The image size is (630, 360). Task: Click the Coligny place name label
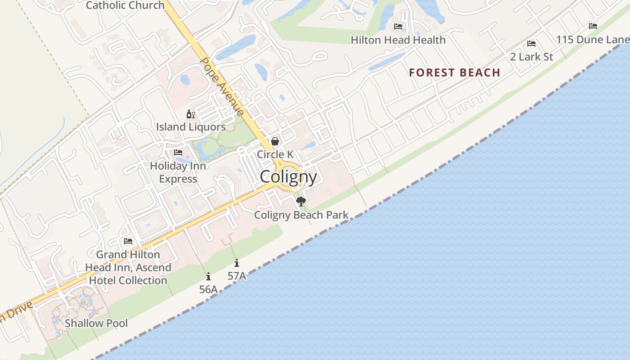pos(288,177)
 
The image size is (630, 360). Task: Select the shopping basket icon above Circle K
pos(275,141)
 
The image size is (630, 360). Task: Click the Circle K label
pos(275,154)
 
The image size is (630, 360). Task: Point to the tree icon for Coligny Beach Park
pos(301,201)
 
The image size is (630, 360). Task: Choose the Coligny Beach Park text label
pos(301,215)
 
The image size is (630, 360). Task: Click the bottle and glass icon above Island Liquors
pos(191,114)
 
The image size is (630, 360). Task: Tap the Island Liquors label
pos(191,127)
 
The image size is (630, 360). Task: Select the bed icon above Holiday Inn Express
pos(178,153)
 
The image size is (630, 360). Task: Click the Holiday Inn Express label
pos(178,172)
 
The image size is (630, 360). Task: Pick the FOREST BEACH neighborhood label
pos(454,72)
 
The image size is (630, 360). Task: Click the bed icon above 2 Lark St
pos(531,44)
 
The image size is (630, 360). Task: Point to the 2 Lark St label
pos(531,57)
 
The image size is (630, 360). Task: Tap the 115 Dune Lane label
pos(592,40)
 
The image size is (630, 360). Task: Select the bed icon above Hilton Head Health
pos(398,27)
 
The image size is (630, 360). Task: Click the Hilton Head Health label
pos(398,40)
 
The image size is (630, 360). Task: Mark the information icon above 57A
pos(237,263)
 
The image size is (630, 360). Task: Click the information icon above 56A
pos(208,277)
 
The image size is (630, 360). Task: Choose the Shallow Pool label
pos(96,323)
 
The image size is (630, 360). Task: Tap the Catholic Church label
pos(125,5)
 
